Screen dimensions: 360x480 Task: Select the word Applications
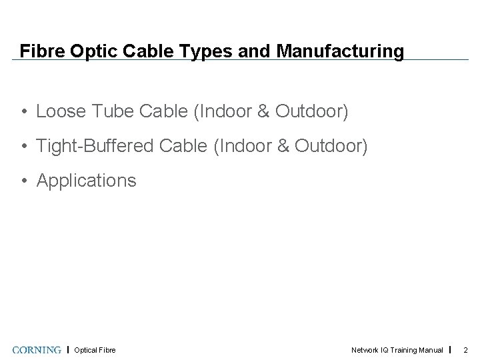86,180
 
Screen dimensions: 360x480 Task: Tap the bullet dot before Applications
23,181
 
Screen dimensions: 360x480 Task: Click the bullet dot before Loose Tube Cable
23,111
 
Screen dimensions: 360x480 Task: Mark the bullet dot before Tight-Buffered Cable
23,146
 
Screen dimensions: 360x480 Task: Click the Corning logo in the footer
37,349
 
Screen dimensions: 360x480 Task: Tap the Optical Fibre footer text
95,350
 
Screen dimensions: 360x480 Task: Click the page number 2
466,350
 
